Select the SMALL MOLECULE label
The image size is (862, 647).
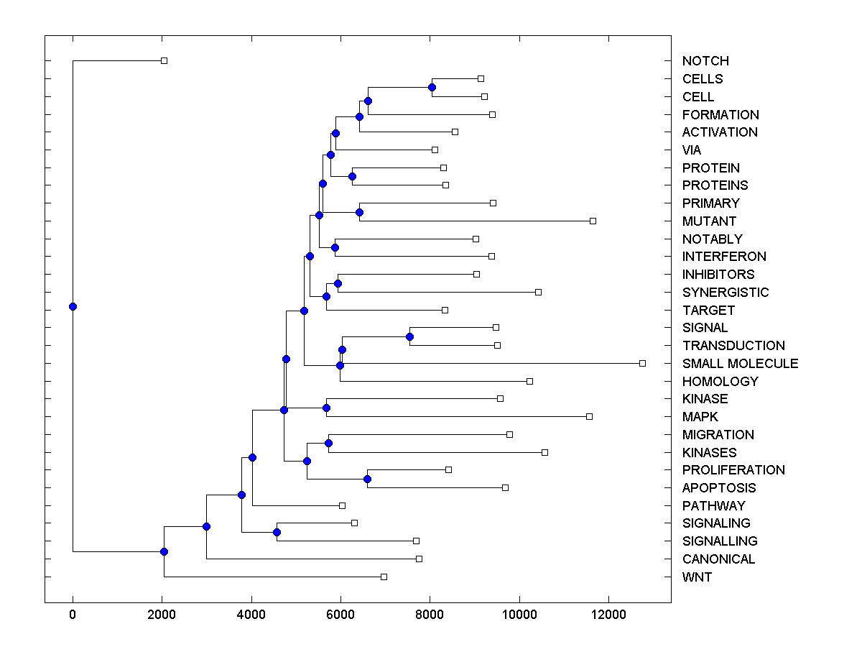[x=740, y=364]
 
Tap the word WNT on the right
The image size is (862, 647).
[x=697, y=577]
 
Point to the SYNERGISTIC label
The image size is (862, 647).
[x=726, y=293]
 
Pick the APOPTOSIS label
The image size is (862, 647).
[x=719, y=488]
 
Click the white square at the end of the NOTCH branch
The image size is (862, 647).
[x=164, y=60]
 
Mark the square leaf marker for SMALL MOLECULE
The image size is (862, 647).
[x=642, y=363]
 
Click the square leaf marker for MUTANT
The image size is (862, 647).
[x=593, y=221]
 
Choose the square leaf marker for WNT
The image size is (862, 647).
[x=384, y=577]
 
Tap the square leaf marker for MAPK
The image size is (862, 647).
[x=589, y=416]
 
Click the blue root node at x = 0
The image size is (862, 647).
[x=73, y=306]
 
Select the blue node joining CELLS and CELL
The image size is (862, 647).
[x=432, y=88]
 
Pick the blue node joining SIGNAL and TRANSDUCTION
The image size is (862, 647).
[x=409, y=336]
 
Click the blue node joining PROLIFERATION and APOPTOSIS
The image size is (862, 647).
[x=367, y=479]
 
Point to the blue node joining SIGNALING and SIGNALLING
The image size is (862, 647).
[x=277, y=532]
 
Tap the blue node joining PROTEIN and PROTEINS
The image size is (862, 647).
[x=352, y=176]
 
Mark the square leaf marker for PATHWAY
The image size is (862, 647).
[x=342, y=505]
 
